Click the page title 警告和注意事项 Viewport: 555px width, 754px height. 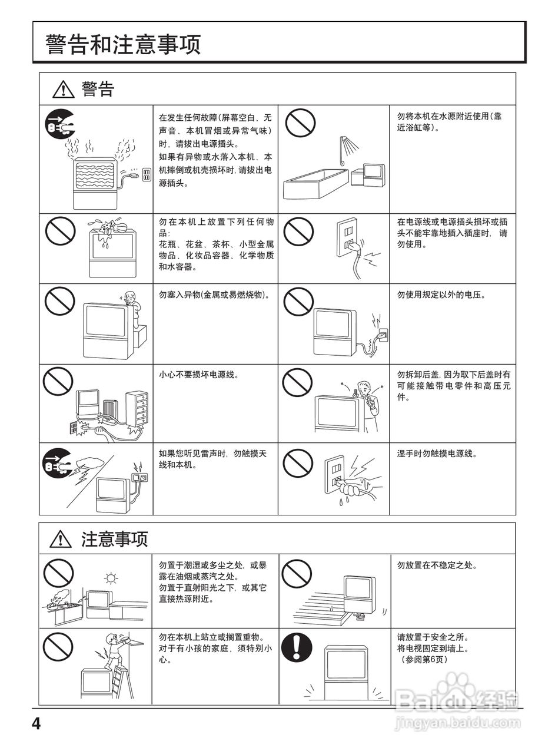[x=123, y=44]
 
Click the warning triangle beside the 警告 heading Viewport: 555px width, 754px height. [x=62, y=90]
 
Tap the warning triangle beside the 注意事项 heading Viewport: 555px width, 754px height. [x=61, y=538]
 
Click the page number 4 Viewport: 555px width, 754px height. [x=36, y=723]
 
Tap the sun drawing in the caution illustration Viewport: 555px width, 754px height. [x=109, y=578]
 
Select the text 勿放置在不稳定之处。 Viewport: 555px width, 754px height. [x=437, y=565]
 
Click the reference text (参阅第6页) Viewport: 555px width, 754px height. [x=423, y=660]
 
